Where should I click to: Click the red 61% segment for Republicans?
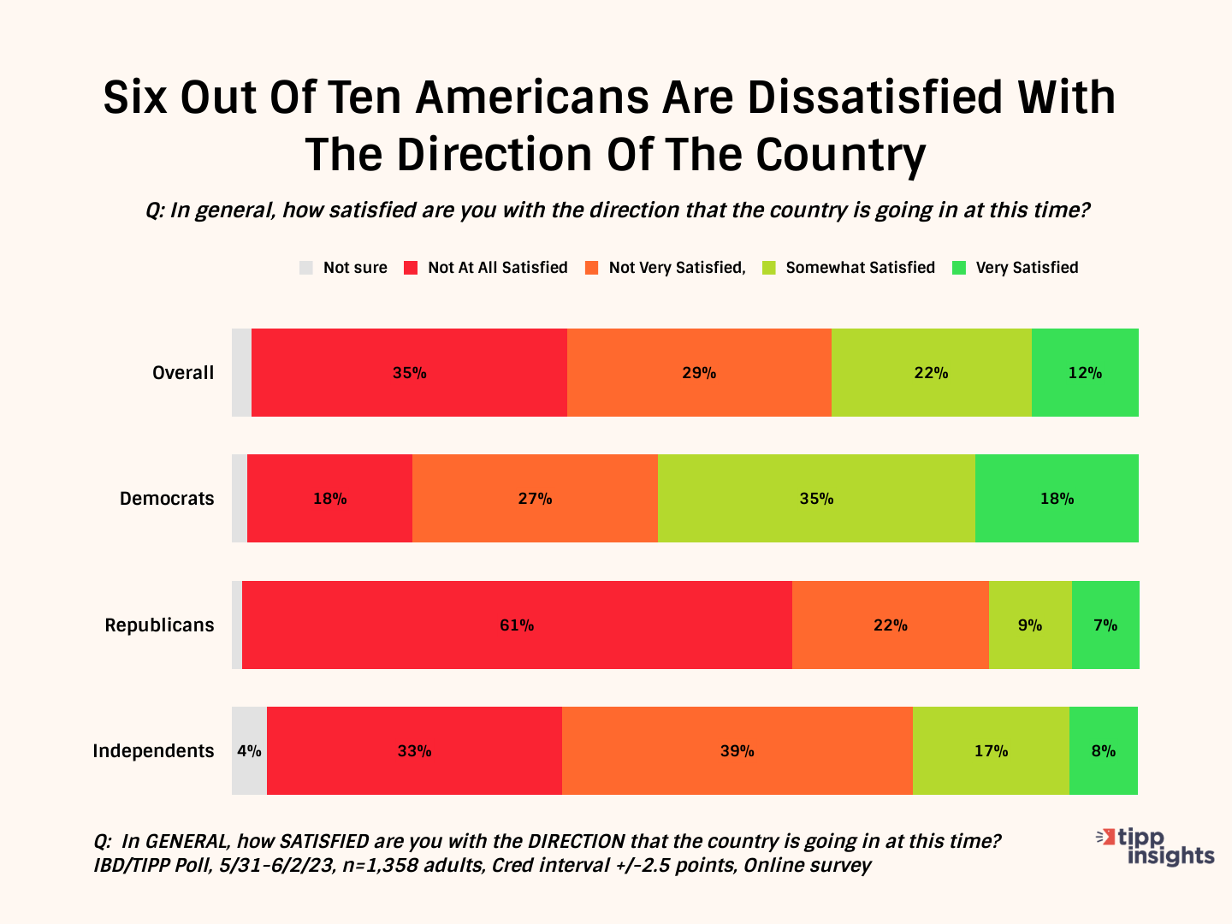517,625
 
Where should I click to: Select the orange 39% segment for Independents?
737,750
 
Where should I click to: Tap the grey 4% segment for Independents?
249,750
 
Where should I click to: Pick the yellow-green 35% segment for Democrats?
816,498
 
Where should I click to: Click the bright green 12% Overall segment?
1085,372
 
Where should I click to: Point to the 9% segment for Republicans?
1030,625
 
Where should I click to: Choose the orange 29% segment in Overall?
699,372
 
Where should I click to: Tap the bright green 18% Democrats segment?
1057,498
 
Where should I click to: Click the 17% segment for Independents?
991,750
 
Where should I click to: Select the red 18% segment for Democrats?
329,498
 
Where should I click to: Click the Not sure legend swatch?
306,268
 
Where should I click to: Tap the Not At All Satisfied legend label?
498,268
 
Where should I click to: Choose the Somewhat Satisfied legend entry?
860,268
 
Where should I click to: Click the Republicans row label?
159,625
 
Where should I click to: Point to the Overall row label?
183,372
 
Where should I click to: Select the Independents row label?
153,750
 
